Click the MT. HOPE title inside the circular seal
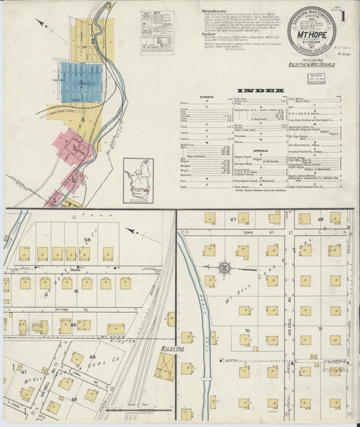[x=312, y=31]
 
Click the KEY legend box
[x=157, y=32]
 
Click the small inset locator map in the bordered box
[x=138, y=180]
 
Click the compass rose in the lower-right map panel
[x=225, y=269]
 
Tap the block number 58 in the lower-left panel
[x=86, y=240]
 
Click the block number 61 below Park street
[x=76, y=291]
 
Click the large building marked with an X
[x=164, y=367]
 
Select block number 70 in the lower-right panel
[x=248, y=330]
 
